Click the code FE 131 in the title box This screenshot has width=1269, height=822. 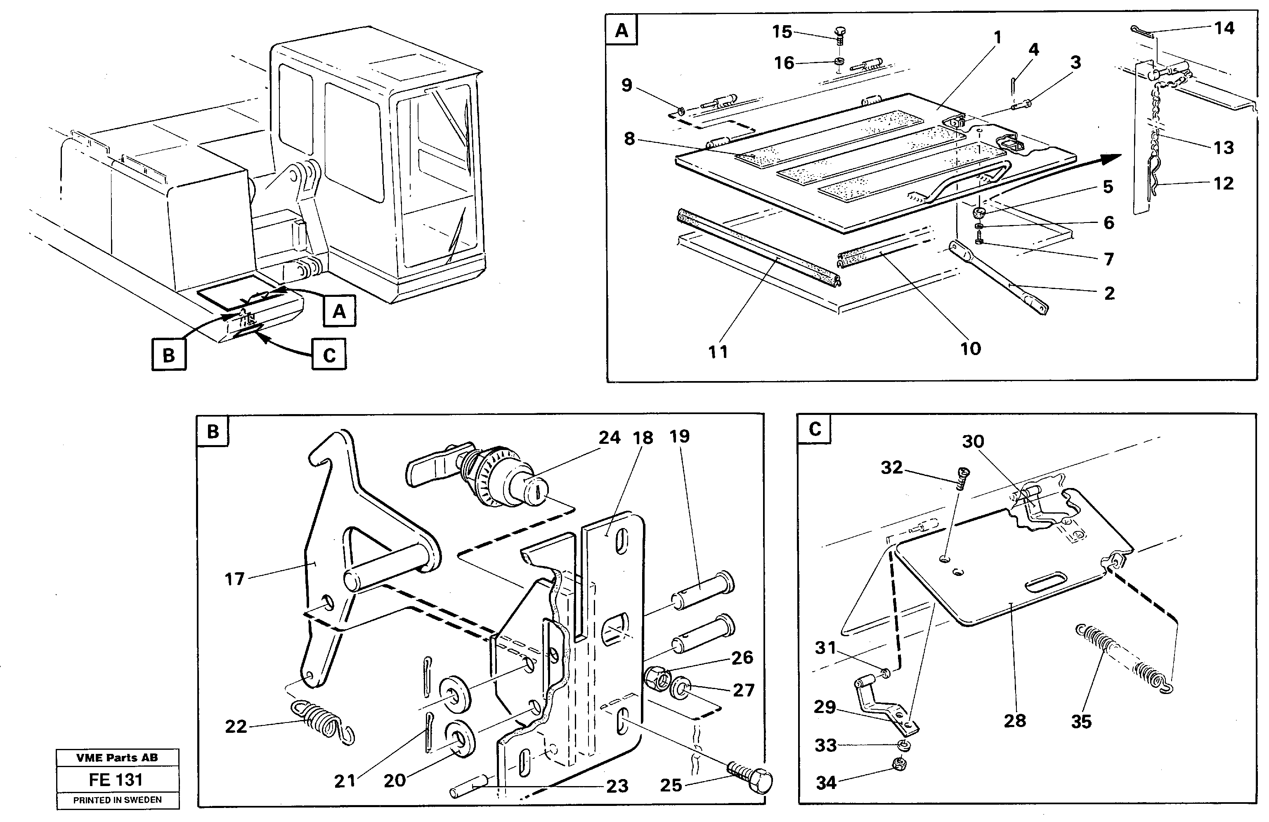pos(116,780)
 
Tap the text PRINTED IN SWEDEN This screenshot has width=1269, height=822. pos(117,800)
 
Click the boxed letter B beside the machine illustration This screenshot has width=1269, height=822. pos(168,355)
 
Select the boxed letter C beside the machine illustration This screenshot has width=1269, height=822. pos(329,355)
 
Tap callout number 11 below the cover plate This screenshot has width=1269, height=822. pos(718,352)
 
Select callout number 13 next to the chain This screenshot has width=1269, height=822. pos(1224,147)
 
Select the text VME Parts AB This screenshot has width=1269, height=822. pos(117,758)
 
